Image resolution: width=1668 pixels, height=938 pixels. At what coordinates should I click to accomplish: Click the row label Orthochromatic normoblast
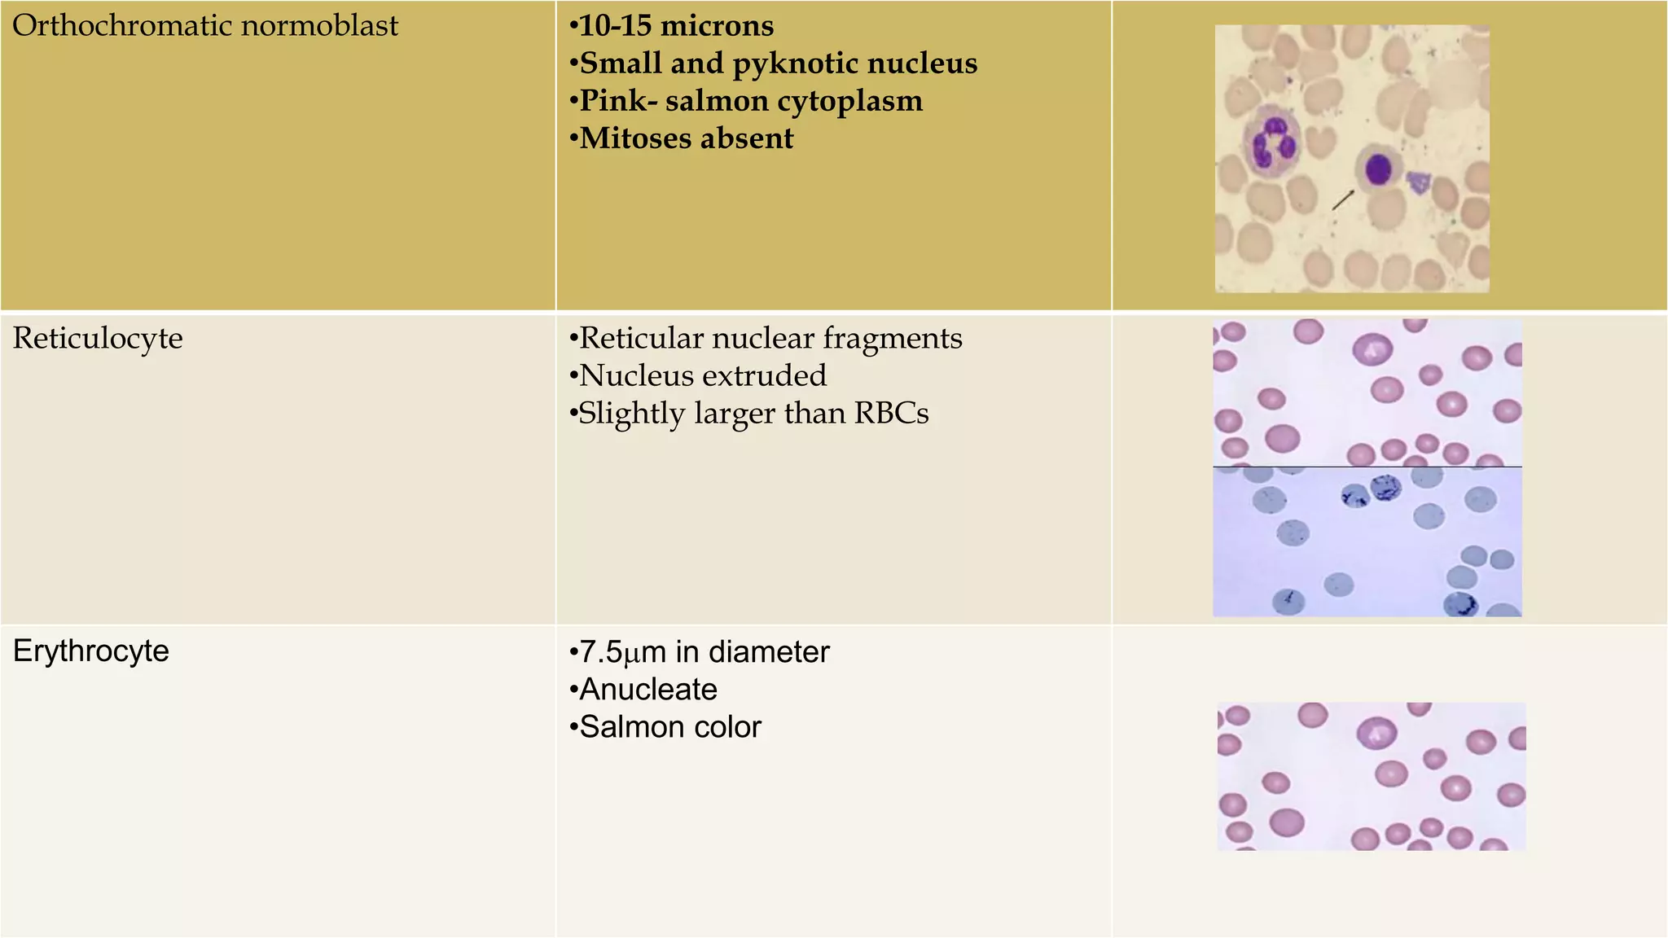point(205,26)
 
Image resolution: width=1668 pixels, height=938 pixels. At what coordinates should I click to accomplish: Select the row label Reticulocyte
point(98,338)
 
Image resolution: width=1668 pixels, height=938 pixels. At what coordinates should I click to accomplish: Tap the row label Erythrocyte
point(91,651)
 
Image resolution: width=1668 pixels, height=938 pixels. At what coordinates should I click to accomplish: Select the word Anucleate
point(648,690)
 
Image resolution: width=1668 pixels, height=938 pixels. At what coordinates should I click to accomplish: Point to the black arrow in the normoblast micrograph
point(1343,199)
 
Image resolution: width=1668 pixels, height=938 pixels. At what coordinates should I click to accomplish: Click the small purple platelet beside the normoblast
point(1420,182)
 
